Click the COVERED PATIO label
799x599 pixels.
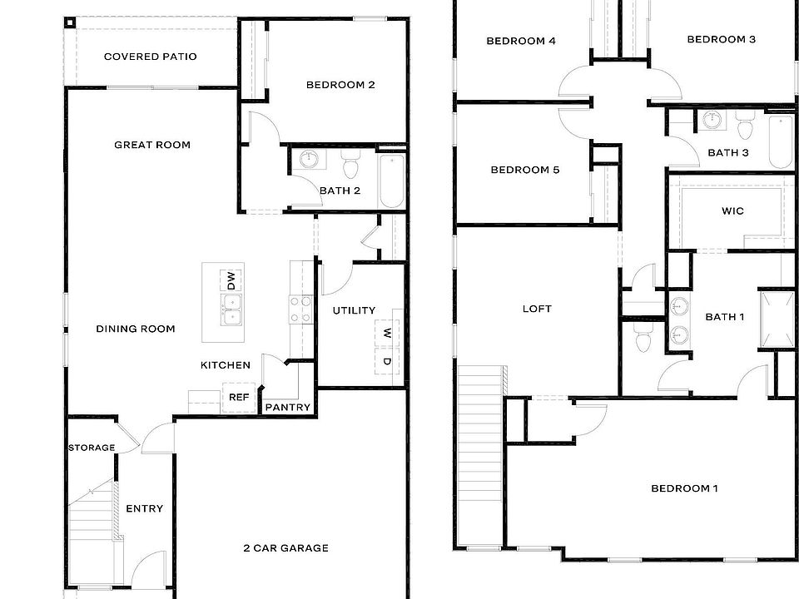150,57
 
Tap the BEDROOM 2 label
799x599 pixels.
340,84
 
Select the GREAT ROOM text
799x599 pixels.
152,145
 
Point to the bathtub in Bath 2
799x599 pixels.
391,181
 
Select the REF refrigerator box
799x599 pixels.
237,398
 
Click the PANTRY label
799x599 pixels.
288,408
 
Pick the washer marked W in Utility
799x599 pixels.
387,333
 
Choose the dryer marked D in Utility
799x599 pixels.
387,361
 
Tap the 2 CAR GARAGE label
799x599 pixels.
285,547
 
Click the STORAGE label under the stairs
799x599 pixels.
92,448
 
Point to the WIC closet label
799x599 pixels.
732,211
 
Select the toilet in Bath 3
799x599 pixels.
744,128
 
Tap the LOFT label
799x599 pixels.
537,309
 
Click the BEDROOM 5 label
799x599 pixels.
524,170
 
